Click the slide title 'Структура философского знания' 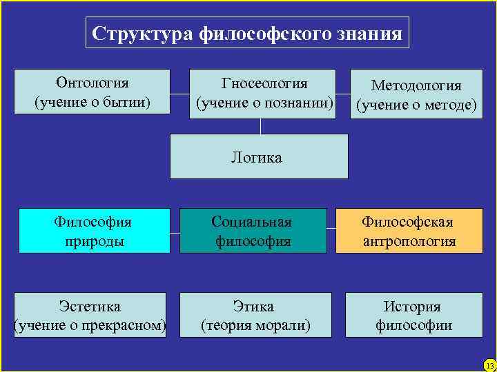[x=247, y=33]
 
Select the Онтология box [x=92, y=92]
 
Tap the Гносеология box [x=264, y=92]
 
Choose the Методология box [x=416, y=94]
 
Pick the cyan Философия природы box [x=93, y=231]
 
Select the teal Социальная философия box [x=252, y=231]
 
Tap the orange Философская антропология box [x=409, y=231]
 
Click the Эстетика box [x=90, y=315]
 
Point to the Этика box [x=255, y=315]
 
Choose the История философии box [x=413, y=315]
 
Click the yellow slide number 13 [x=489, y=364]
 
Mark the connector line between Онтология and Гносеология [x=179, y=93]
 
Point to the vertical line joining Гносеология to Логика [x=260, y=125]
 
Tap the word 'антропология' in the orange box [x=409, y=241]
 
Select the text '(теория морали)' [x=255, y=324]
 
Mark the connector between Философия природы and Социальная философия [x=175, y=231]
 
